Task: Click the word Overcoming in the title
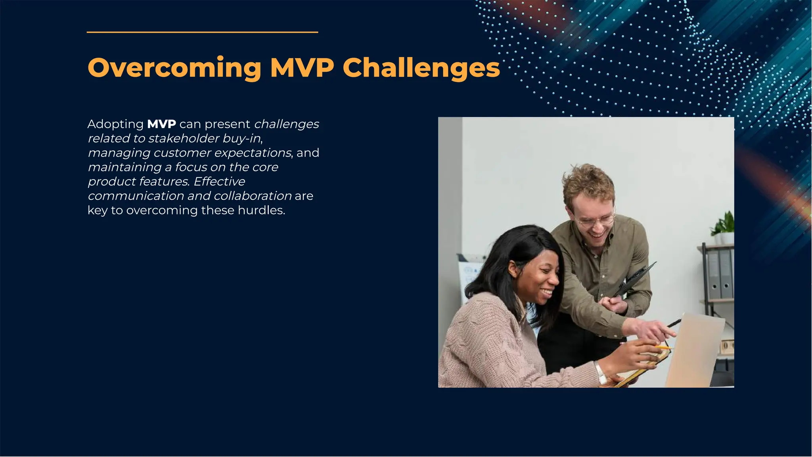click(x=174, y=68)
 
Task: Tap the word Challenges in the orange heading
click(x=421, y=68)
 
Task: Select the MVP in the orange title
click(x=302, y=68)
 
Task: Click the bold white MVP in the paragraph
click(x=161, y=124)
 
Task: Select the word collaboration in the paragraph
click(x=253, y=196)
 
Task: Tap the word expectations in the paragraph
click(x=253, y=153)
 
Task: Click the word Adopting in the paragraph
click(x=115, y=124)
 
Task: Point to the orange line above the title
click(x=202, y=32)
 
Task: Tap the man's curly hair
click(x=589, y=182)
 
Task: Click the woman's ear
click(x=513, y=270)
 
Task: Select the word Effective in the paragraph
click(x=219, y=182)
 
